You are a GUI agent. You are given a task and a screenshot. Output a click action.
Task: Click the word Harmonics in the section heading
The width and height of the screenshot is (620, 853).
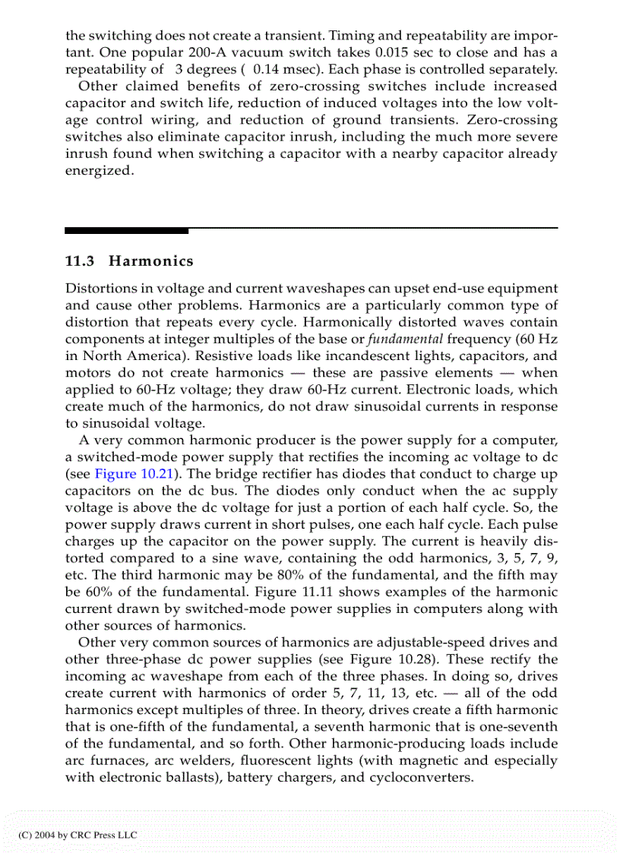pos(151,261)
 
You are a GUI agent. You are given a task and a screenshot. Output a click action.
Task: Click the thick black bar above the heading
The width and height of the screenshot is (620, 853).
pos(126,229)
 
